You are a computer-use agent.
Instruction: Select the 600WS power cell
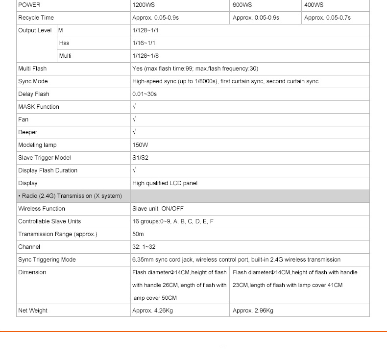242,5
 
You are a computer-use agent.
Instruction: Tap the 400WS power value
314,5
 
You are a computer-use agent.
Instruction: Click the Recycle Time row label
36,18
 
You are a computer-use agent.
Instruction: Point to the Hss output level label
64,43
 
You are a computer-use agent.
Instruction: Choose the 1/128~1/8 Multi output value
145,56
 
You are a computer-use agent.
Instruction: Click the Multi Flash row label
32,69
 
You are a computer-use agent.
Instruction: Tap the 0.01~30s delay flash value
145,94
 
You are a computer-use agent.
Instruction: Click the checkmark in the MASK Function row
134,107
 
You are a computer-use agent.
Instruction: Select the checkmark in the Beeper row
134,132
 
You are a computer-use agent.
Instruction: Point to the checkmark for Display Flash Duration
134,170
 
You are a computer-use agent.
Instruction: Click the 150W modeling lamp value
140,145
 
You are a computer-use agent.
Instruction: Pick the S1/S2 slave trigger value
140,158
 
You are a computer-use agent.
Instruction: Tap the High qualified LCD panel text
165,183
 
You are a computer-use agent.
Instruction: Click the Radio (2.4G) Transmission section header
70,196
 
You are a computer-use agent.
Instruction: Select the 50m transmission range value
138,234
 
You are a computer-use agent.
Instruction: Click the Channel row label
29,247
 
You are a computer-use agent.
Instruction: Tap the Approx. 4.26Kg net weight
152,311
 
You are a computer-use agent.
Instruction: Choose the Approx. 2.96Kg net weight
253,311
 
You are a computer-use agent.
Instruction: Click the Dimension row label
32,272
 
